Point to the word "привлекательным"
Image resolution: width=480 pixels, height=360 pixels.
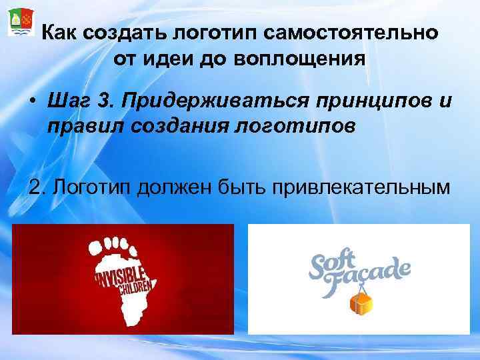pos(357,187)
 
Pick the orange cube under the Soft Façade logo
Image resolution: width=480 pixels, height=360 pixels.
pos(361,303)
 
